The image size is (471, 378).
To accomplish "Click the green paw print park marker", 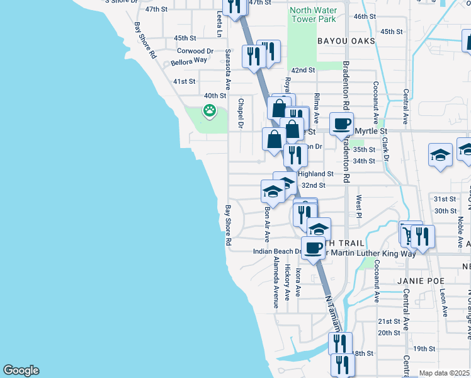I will (x=209, y=112).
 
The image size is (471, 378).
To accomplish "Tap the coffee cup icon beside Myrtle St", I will (x=341, y=123).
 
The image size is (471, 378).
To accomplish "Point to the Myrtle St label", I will (x=370, y=131).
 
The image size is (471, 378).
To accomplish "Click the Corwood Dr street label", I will (x=195, y=51).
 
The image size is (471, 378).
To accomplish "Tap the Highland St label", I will (x=315, y=173).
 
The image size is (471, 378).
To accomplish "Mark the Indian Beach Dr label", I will (x=277, y=251).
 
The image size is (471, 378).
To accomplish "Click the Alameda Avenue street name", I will (x=275, y=283).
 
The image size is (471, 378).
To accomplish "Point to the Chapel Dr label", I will (x=241, y=114).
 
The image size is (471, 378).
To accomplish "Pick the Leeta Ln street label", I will (x=218, y=22).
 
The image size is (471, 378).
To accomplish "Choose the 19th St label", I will (x=424, y=348).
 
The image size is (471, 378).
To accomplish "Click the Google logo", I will (x=21, y=370).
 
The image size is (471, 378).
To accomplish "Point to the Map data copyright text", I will (x=445, y=373).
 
